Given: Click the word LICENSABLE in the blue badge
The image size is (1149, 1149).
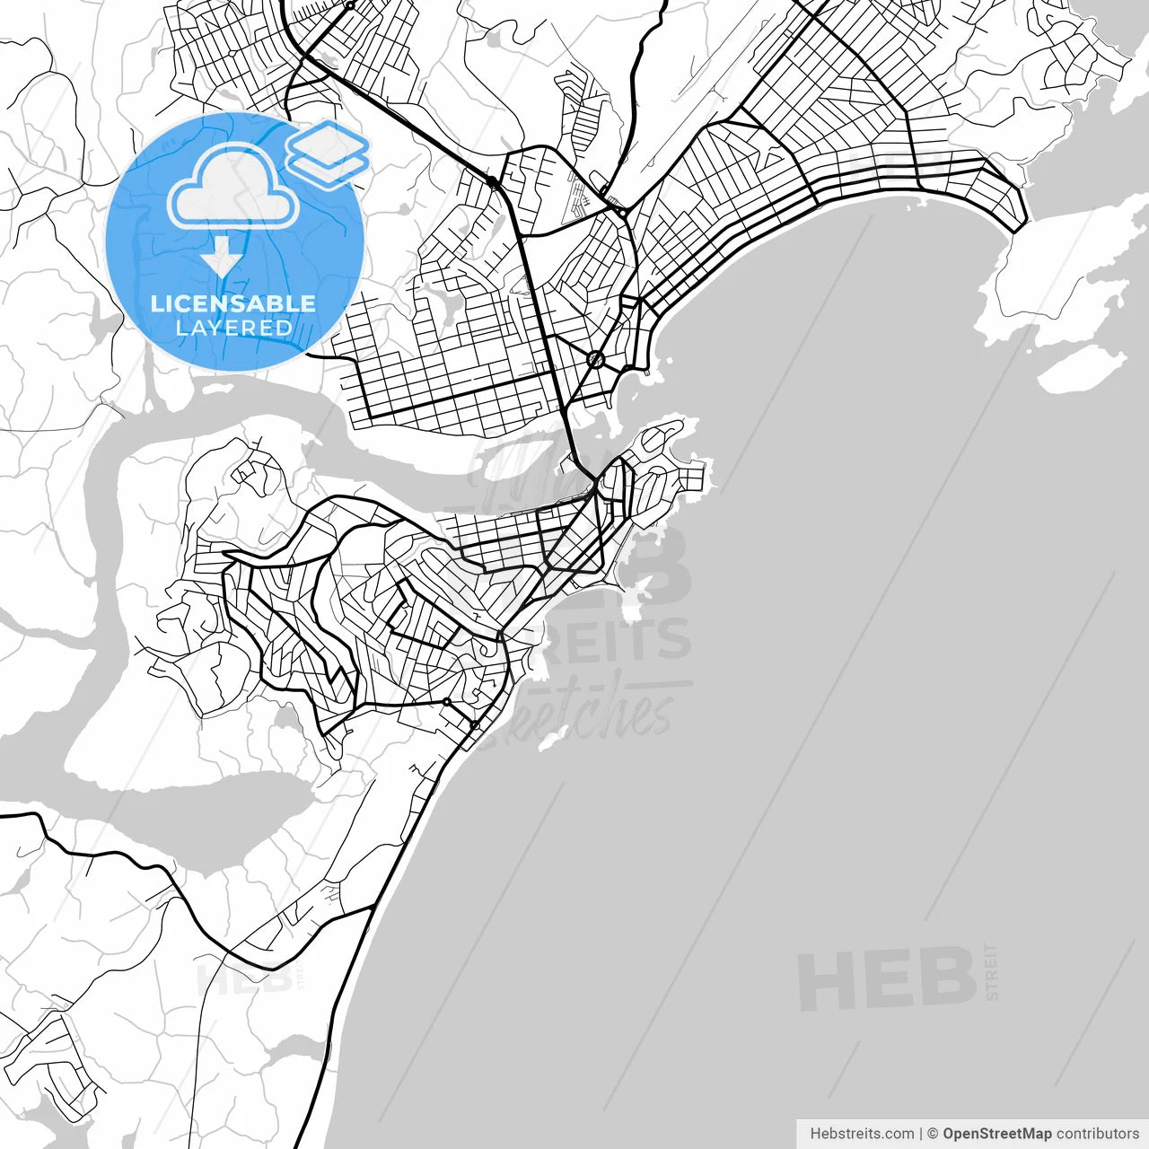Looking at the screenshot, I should point(233,303).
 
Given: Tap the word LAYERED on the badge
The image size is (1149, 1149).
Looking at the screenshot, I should point(233,328).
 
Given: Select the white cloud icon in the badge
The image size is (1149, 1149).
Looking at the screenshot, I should point(233,187).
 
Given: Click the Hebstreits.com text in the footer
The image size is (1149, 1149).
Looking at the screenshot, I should point(862,1134).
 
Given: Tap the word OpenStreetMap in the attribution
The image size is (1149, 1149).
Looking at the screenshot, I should point(997,1134).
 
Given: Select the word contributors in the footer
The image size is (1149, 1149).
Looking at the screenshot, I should point(1097,1134).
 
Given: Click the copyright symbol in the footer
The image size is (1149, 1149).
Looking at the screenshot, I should point(933,1134).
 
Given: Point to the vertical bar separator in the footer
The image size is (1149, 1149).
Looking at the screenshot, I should point(921,1134).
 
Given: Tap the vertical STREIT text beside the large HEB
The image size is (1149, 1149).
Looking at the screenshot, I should point(991,971).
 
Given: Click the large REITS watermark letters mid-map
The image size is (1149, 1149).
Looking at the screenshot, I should point(619,639).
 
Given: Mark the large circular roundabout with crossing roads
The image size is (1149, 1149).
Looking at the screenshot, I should point(596,360).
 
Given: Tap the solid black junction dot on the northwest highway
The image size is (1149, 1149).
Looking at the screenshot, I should point(493,183).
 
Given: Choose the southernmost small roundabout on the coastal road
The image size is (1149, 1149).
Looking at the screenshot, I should point(475,724).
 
